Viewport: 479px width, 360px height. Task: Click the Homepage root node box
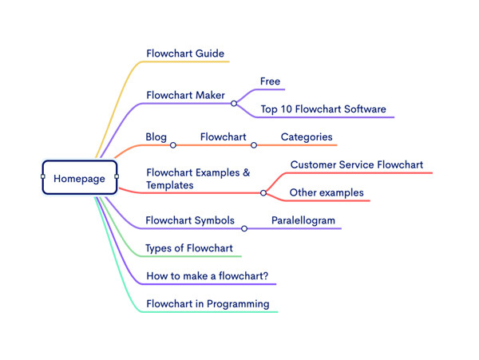pyautogui.click(x=79, y=178)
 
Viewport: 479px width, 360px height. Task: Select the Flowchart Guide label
pyautogui.click(x=185, y=53)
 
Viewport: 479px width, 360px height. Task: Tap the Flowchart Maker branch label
pyautogui.click(x=185, y=95)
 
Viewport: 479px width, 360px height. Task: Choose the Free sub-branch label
pyautogui.click(x=271, y=81)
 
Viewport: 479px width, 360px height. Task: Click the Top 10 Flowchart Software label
pyautogui.click(x=323, y=109)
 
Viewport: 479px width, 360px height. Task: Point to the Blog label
pyautogui.click(x=156, y=136)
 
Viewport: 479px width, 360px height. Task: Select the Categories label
pyautogui.click(x=307, y=136)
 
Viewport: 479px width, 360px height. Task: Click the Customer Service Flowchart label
pyautogui.click(x=356, y=164)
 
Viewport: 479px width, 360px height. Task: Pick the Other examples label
pyautogui.click(x=326, y=192)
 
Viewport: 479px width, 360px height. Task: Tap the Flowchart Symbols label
pyautogui.click(x=189, y=220)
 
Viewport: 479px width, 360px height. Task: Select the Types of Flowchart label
pyautogui.click(x=188, y=247)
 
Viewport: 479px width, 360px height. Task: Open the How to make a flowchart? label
pyautogui.click(x=207, y=276)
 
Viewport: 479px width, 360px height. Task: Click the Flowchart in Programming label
pyautogui.click(x=208, y=303)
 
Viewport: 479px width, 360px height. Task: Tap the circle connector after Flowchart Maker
pyautogui.click(x=234, y=103)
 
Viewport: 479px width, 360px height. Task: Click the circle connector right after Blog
pyautogui.click(x=173, y=145)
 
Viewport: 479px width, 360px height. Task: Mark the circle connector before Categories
pyautogui.click(x=254, y=145)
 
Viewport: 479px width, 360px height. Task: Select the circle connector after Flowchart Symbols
pyautogui.click(x=244, y=228)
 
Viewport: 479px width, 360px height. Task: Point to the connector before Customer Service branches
pyautogui.click(x=263, y=192)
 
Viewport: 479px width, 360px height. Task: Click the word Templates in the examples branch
pyautogui.click(x=171, y=185)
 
